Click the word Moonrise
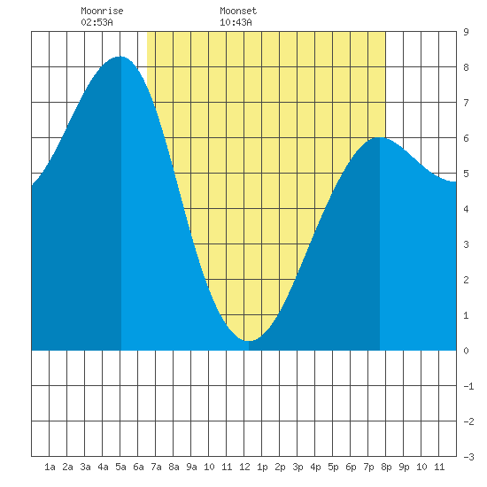(x=102, y=11)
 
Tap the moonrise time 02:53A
(x=97, y=22)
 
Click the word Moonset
(x=238, y=11)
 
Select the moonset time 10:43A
(x=236, y=22)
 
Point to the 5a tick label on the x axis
(x=120, y=467)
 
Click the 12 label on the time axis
(x=244, y=467)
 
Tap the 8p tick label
(x=386, y=467)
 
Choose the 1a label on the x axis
(x=50, y=467)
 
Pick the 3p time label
(x=298, y=467)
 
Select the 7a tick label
(x=156, y=467)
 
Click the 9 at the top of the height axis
(x=466, y=32)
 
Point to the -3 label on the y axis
(x=468, y=457)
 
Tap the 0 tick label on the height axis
(x=466, y=351)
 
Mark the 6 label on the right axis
(x=466, y=138)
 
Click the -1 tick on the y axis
(x=468, y=386)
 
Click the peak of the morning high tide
(x=120, y=57)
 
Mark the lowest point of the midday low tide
(x=249, y=341)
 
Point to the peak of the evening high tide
(x=379, y=137)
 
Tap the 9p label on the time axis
(x=404, y=467)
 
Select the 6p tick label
(x=351, y=467)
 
